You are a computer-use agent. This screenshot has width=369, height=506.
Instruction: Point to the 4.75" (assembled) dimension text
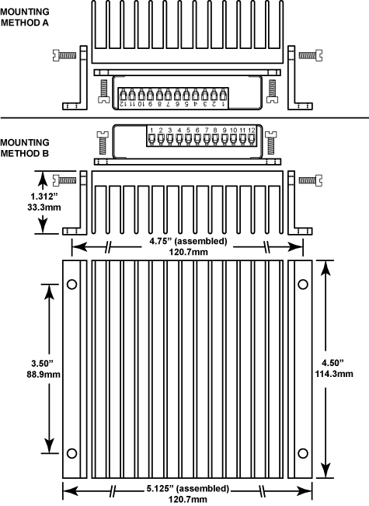click(188, 240)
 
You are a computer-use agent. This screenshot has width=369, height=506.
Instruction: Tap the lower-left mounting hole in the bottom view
click(71, 452)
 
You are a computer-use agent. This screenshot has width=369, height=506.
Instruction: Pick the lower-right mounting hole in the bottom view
click(301, 452)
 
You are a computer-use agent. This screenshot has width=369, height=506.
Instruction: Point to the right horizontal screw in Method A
click(308, 55)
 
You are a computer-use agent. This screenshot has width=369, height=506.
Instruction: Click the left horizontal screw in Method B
click(68, 180)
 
